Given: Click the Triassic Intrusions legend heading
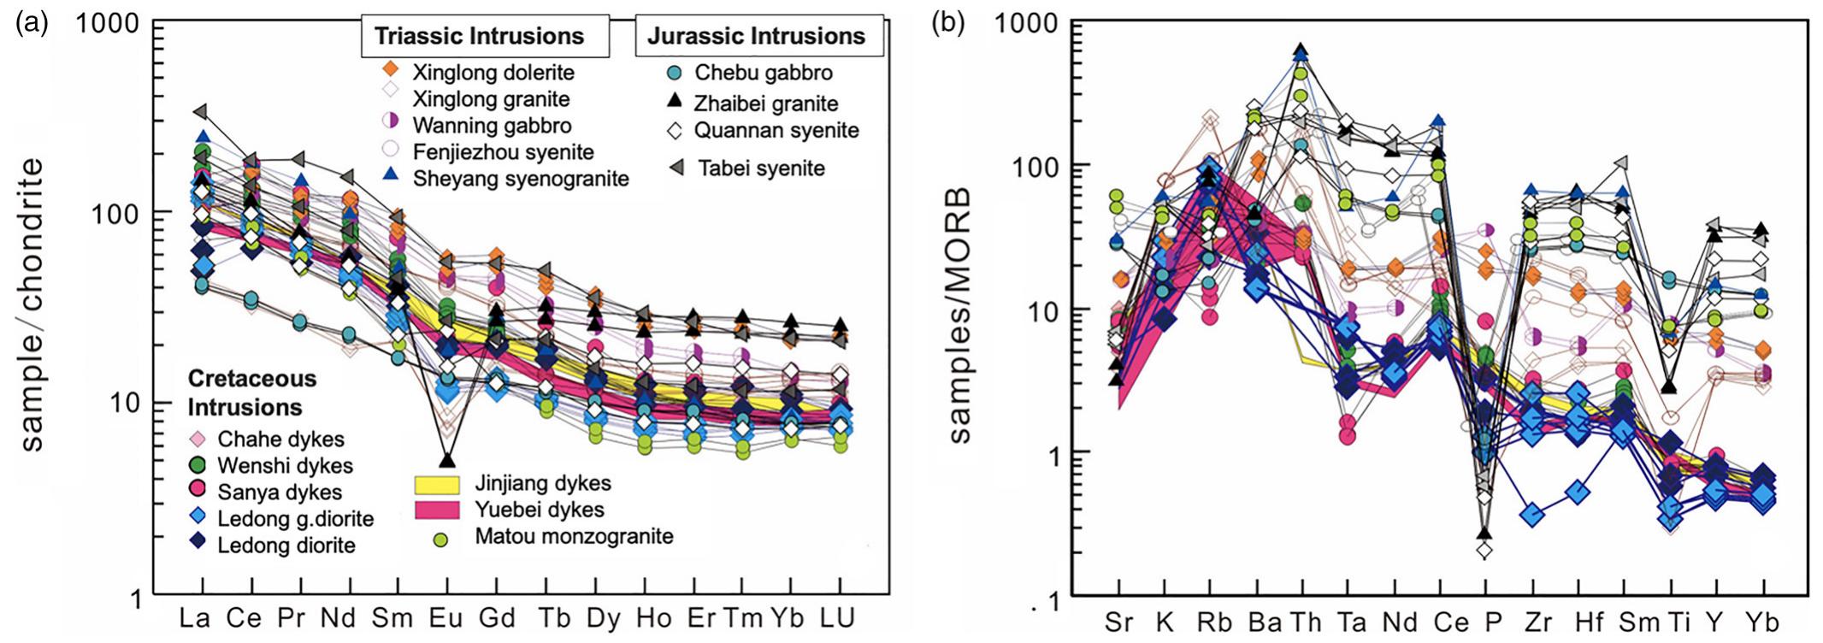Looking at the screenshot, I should point(479,36).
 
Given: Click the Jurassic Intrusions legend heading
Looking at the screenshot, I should point(757,36).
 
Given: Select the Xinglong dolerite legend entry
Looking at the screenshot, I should point(493,73).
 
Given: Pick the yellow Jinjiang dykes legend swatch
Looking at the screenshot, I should point(437,484).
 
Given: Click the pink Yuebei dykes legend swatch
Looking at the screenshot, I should point(437,510).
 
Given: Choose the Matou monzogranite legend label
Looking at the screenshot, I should point(574,537).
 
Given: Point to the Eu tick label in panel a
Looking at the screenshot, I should point(445,618).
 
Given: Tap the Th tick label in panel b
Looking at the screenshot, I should point(1306,622).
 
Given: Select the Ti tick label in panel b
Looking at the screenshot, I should point(1671,622).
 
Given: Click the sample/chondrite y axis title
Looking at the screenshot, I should point(32,304).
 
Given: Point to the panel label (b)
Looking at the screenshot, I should point(947,24).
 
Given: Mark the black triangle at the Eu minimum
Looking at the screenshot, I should point(447,461).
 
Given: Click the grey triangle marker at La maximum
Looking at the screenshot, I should point(201,111).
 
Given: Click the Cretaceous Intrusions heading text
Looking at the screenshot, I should point(251,392).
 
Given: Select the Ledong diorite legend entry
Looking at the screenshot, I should point(286,546).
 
